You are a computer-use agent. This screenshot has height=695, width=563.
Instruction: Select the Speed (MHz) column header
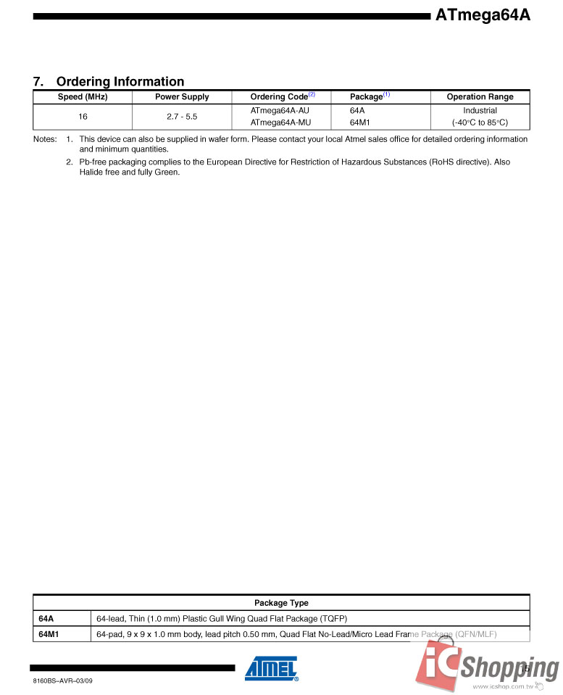83,97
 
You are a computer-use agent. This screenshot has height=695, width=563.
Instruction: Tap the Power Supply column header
182,97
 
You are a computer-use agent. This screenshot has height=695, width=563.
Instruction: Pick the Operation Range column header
480,97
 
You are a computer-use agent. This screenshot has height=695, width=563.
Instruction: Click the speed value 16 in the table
83,116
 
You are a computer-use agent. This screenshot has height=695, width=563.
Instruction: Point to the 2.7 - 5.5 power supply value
182,116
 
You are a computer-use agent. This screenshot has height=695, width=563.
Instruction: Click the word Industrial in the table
480,110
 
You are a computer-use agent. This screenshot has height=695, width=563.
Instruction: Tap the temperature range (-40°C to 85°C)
480,122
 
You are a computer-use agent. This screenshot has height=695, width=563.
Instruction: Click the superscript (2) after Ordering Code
312,94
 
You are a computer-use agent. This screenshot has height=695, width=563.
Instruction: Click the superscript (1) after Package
386,94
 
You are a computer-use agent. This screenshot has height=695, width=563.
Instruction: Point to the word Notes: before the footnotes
45,139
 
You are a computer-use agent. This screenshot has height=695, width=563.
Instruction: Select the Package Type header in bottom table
281,603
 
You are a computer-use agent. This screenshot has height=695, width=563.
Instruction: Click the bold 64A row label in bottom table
46,619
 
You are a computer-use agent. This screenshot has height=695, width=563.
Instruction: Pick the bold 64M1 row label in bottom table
49,635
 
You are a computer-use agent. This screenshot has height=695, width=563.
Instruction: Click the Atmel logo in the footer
271,669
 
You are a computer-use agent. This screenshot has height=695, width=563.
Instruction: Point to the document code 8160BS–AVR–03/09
63,681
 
